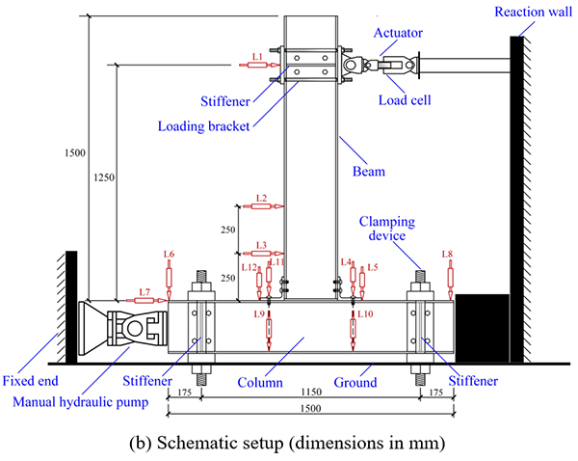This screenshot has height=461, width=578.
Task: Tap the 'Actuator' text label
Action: (399, 33)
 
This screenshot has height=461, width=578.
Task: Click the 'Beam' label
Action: (368, 173)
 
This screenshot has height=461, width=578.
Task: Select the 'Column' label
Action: (262, 383)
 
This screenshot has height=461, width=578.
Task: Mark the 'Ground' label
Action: (358, 383)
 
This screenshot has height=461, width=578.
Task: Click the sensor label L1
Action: (257, 58)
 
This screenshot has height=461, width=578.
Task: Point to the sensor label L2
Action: (261, 198)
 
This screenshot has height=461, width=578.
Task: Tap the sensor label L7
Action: (144, 290)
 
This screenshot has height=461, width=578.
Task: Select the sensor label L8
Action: (447, 254)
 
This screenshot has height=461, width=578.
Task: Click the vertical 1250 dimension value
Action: (104, 178)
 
